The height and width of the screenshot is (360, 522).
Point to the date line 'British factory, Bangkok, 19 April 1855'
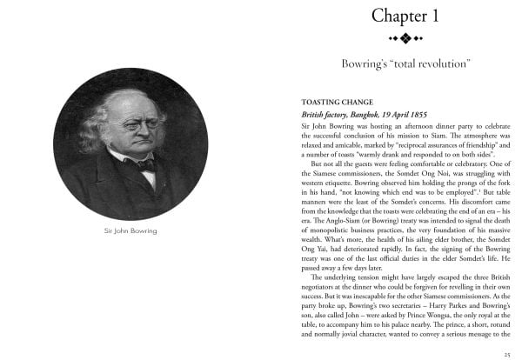[357, 114]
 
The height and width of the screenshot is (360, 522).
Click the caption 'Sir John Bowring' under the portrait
[129, 231]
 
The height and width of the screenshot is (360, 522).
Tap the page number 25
[507, 354]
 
